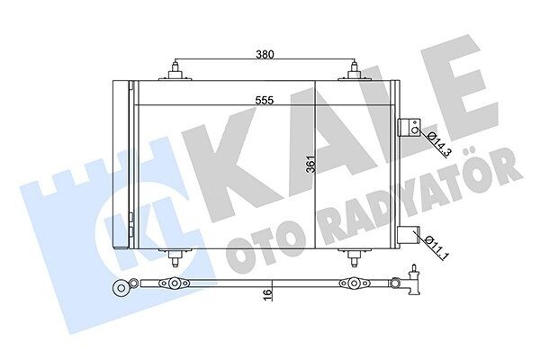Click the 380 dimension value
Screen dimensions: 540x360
click(x=265, y=54)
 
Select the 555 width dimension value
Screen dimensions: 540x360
click(x=265, y=100)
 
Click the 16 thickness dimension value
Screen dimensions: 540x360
click(x=268, y=294)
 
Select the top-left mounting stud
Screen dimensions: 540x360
click(x=175, y=72)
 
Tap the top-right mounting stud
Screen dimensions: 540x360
click(x=354, y=72)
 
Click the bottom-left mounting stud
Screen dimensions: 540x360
click(x=175, y=257)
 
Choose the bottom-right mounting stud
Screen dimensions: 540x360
click(x=354, y=257)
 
